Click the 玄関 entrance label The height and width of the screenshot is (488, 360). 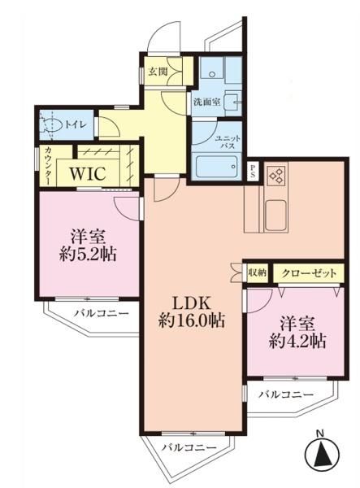click(158, 72)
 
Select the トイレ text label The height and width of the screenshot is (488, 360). click(75, 125)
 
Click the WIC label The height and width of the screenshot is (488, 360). click(88, 173)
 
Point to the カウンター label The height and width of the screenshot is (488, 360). click(48, 166)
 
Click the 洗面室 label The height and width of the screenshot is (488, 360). click(207, 102)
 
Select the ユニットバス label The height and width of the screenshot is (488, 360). click(228, 142)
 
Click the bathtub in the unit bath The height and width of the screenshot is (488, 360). click(217, 167)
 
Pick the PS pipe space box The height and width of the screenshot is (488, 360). click(253, 171)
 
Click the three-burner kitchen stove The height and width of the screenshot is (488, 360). click(276, 175)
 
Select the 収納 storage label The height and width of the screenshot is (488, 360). click(258, 273)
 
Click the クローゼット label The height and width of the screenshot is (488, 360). click(309, 273)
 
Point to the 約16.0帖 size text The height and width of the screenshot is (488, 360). click(192, 320)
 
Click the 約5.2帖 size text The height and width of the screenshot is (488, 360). click(88, 255)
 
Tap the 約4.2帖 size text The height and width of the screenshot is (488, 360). click(297, 342)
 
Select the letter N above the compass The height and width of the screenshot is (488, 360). click(319, 433)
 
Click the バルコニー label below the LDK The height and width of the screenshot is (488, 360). click(189, 448)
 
